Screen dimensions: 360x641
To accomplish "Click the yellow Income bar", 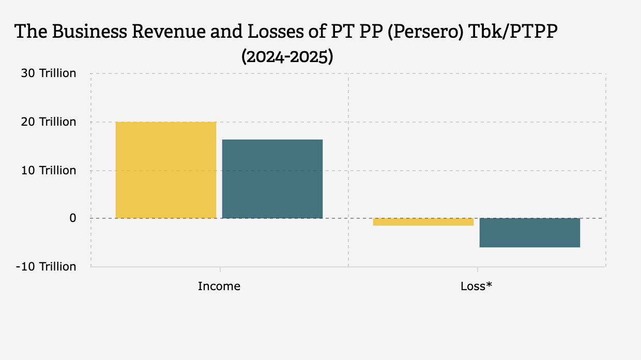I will tap(165, 170).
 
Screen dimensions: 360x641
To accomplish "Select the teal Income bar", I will tap(272, 179).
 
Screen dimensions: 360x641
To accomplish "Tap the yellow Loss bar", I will tap(423, 222).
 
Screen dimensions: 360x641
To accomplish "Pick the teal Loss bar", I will tap(529, 233).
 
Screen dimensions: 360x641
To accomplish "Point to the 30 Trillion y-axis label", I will tap(49, 73).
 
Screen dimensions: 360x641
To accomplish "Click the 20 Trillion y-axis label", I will tap(49, 122).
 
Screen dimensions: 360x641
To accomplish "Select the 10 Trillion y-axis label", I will tap(49, 170).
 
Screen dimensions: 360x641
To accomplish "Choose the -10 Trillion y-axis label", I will tap(47, 266).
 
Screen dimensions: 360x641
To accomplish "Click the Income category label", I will tap(219, 286).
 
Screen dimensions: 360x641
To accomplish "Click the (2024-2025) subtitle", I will tap(287, 56).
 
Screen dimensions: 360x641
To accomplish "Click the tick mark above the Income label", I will tap(220, 269).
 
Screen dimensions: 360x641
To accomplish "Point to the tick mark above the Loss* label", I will tap(477, 269).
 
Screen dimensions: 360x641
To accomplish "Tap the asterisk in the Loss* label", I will tap(489, 284).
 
